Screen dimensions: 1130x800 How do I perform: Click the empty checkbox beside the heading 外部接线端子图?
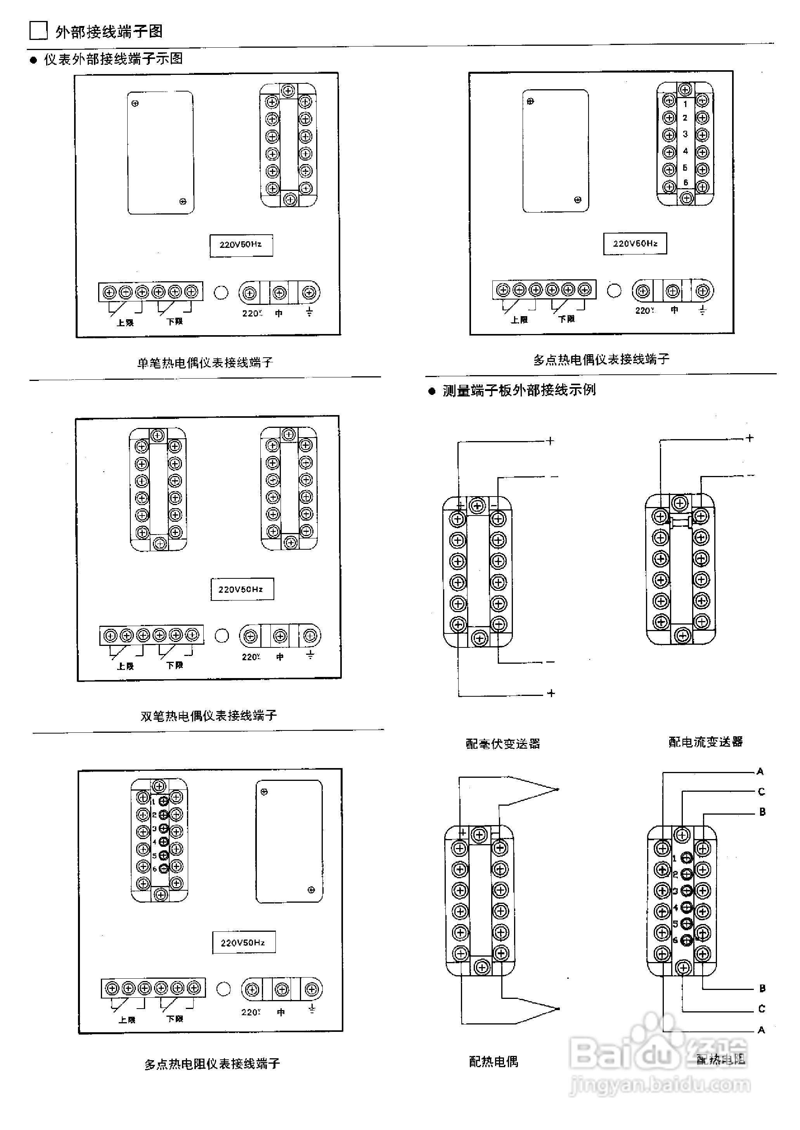coord(38,31)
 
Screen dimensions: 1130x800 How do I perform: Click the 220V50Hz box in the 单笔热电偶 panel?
coord(241,245)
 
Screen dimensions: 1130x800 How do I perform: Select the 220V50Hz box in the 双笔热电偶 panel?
coord(241,589)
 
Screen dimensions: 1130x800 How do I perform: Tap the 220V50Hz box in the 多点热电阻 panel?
coord(243,942)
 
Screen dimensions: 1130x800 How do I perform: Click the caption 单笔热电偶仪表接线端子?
coord(205,363)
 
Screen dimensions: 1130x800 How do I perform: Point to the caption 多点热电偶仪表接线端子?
coord(601,360)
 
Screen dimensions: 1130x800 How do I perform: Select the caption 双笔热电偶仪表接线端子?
coord(209,715)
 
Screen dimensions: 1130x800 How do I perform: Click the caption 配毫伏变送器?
coord(503,743)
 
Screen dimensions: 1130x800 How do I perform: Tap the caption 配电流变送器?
coord(705,742)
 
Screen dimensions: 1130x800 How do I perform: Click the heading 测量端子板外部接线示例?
coord(519,390)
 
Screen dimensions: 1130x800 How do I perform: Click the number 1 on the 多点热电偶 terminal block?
coord(685,104)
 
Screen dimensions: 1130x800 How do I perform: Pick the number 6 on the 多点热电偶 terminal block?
coord(685,183)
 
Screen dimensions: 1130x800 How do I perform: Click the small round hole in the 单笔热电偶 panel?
coord(221,292)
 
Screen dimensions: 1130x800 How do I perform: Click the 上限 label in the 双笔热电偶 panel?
coord(126,666)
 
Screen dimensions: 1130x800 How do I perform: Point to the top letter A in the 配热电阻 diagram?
coord(760,772)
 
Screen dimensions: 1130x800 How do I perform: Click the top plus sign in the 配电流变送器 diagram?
coord(749,438)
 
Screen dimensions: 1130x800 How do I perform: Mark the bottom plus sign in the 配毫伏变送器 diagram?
coord(551,693)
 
